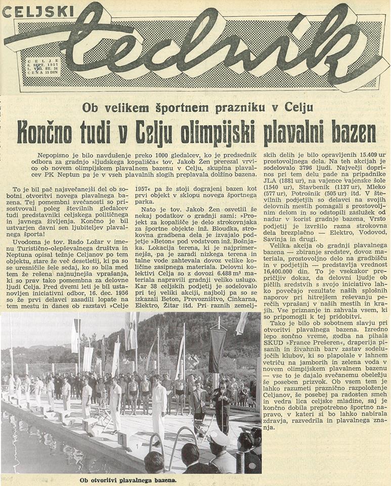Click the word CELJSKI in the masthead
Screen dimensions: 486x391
pos(38,11)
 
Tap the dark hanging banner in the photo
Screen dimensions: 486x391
pos(217,350)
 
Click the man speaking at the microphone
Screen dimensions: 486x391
pos(222,400)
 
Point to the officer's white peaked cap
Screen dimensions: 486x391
pos(221,437)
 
